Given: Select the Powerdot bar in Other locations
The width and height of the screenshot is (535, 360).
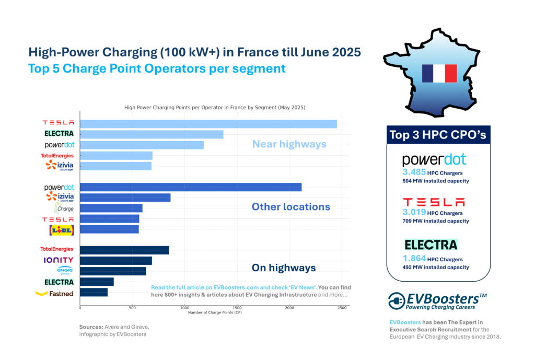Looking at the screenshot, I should click(x=191, y=187).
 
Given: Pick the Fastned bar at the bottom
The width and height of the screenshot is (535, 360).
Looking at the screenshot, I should click(x=94, y=293).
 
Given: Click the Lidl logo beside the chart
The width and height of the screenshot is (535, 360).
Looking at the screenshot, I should click(x=61, y=229).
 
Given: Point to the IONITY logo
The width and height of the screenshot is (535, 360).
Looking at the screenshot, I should click(x=59, y=260).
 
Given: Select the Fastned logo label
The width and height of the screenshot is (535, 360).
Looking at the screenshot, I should click(x=54, y=293).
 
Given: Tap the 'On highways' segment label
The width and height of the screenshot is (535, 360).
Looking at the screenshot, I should click(x=284, y=268).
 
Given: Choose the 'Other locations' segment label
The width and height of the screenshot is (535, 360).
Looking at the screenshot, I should click(x=291, y=207).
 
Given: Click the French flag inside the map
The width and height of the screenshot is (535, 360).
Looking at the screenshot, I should click(x=439, y=74).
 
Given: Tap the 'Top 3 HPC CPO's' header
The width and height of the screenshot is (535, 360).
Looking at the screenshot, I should click(x=438, y=135).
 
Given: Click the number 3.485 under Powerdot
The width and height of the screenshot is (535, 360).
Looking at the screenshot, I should click(x=415, y=171).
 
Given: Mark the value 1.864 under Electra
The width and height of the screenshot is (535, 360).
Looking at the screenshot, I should click(x=415, y=258).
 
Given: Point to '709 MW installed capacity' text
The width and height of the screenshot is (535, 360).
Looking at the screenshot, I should click(x=435, y=221).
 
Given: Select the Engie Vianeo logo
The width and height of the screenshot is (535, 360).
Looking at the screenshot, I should click(x=65, y=271).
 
